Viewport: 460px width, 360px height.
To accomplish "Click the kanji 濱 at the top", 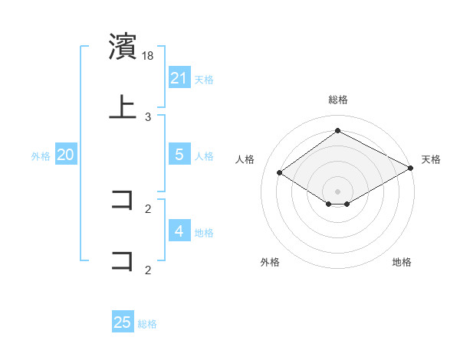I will [123, 47].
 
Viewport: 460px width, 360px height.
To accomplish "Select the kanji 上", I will [123, 107].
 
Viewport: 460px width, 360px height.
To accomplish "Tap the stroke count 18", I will [149, 56].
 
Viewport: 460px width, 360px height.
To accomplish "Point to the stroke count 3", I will [148, 117].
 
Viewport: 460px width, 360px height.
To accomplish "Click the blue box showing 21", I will [179, 78].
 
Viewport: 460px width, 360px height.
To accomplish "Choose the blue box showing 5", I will [179, 155].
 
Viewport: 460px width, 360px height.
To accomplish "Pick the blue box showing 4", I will [179, 231].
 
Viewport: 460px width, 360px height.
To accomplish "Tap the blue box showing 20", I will [66, 155].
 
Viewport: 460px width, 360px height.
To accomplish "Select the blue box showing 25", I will [123, 322].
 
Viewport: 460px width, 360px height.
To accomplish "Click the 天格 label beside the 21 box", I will [204, 79].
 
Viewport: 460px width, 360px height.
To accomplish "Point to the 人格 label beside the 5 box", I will [204, 155].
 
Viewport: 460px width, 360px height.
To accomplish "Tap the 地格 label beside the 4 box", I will [204, 232].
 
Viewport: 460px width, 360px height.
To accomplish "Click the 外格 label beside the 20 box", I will [41, 155].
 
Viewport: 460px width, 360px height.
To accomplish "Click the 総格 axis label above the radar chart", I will [337, 100].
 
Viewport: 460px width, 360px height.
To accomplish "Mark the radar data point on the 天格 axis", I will [411, 168].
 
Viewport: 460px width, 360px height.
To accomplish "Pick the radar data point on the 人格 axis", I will [280, 173].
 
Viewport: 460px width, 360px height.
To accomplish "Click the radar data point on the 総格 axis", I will [337, 131].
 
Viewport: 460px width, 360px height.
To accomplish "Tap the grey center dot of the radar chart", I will [337, 191].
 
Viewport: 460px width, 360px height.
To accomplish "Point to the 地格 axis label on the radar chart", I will [402, 262].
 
